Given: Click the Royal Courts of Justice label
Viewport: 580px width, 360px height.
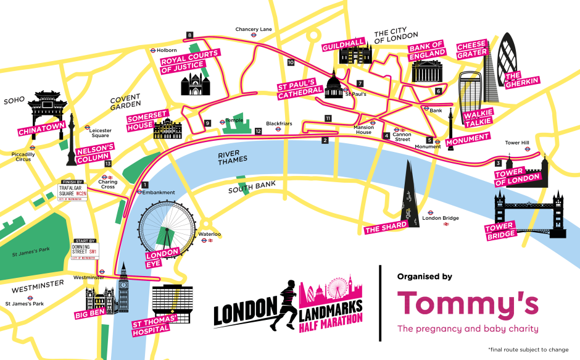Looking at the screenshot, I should [190, 61].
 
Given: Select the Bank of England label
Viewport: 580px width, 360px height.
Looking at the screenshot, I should [428, 49].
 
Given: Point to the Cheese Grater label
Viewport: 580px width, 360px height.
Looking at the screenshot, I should [472, 49].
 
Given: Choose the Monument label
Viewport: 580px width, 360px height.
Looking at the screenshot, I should [468, 137].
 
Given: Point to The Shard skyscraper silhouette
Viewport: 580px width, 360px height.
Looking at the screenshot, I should [407, 191].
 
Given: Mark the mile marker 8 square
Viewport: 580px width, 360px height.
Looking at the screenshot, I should [189, 35].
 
